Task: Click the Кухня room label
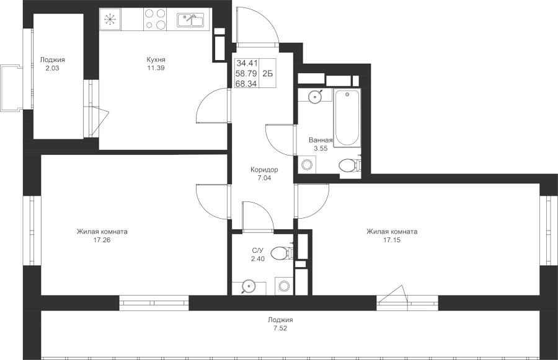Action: [x=156, y=59]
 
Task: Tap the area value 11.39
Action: [x=156, y=68]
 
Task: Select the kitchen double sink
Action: [x=190, y=20]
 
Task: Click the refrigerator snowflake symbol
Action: [x=110, y=19]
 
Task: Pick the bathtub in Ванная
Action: [x=348, y=118]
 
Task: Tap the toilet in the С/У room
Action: [x=281, y=253]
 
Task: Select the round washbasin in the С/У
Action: [x=248, y=286]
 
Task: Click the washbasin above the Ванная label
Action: [x=315, y=96]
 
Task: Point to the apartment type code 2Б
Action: [x=267, y=74]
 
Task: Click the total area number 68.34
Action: [x=247, y=84]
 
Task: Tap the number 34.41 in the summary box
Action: [x=247, y=64]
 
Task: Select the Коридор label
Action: [x=264, y=170]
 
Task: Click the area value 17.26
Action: [x=102, y=240]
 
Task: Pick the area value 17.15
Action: [x=392, y=240]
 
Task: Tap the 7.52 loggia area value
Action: [x=280, y=328]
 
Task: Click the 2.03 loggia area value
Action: [x=52, y=68]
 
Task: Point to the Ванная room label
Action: [x=321, y=140]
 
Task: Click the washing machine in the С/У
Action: [x=285, y=286]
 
